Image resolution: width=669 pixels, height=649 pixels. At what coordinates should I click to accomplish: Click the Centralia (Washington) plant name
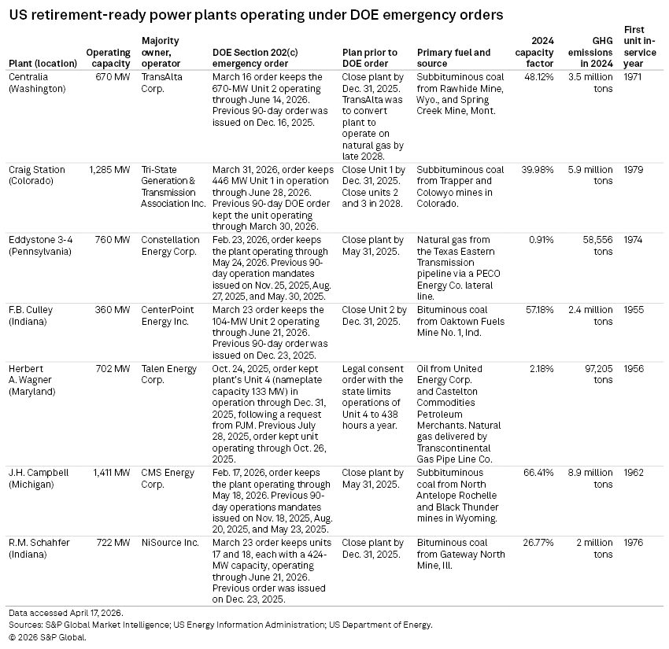(x=37, y=83)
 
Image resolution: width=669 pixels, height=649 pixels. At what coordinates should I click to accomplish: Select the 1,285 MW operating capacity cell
(x=109, y=170)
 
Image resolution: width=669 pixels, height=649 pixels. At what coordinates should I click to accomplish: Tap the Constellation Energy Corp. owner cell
(x=170, y=245)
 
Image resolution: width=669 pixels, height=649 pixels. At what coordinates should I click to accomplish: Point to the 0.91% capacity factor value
(x=541, y=240)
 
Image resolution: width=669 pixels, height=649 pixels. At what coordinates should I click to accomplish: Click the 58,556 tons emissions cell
(x=597, y=245)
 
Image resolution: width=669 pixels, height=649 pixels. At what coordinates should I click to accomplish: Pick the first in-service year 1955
(x=634, y=310)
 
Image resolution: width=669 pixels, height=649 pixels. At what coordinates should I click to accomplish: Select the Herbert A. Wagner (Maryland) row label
(x=32, y=380)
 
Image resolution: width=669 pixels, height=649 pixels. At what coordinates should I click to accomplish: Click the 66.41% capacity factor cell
(x=538, y=473)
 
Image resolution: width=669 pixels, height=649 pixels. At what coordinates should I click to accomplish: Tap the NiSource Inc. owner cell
(x=170, y=543)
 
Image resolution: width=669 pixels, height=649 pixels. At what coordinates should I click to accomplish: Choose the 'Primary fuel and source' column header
(x=453, y=58)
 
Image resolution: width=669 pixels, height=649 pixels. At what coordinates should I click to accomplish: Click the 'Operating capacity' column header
(x=108, y=58)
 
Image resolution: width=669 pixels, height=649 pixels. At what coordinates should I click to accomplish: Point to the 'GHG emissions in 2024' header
(x=590, y=53)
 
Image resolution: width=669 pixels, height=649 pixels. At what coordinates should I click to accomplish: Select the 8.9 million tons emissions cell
(x=590, y=478)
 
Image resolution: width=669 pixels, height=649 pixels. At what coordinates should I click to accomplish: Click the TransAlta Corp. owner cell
(x=161, y=83)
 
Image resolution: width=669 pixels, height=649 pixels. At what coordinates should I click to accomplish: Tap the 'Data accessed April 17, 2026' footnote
(x=65, y=613)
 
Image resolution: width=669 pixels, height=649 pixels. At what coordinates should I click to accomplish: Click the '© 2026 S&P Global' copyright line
(x=47, y=637)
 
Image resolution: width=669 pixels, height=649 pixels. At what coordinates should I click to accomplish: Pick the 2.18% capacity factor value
(x=541, y=369)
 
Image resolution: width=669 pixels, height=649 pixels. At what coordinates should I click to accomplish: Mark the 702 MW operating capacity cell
(x=113, y=369)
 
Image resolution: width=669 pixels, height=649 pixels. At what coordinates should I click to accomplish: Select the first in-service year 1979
(x=634, y=170)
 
